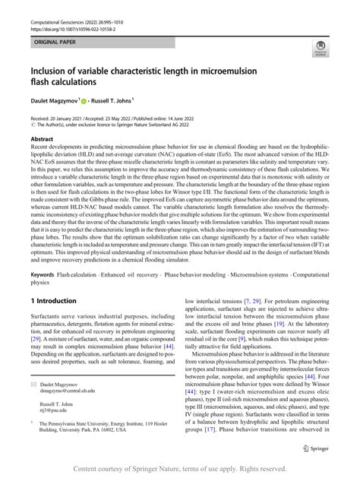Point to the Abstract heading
pos(42,141)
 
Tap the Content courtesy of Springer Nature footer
pos(179,468)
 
